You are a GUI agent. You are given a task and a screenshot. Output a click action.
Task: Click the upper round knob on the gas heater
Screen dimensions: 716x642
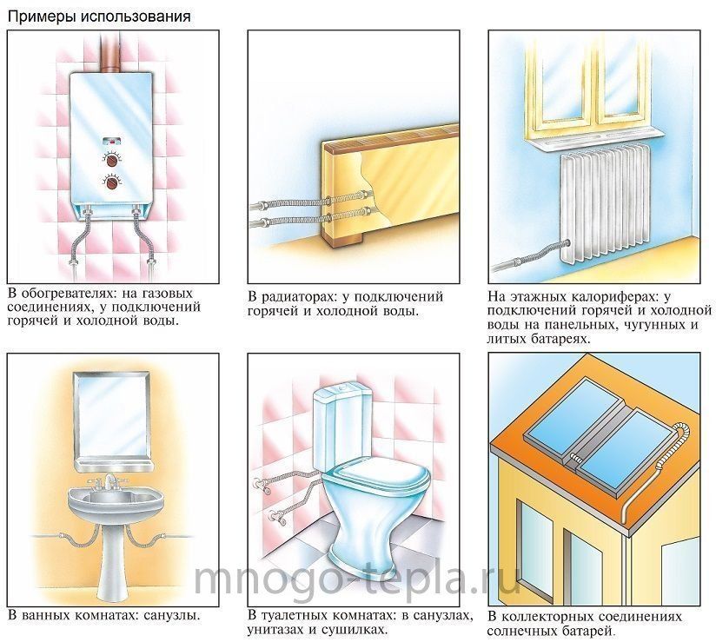tap(111, 160)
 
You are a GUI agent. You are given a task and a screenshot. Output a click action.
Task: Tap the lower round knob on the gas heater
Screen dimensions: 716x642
tap(111, 184)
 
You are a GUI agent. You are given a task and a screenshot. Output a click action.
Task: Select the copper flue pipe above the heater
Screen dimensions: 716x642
tap(110, 51)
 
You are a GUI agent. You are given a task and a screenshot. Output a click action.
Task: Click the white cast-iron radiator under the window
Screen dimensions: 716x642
tap(605, 204)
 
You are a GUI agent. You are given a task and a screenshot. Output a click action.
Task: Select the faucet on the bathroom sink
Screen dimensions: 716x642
tap(110, 482)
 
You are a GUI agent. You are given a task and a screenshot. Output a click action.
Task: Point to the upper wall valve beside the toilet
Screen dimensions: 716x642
tap(257, 483)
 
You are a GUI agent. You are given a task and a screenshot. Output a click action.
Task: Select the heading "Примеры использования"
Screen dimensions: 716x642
tap(99, 17)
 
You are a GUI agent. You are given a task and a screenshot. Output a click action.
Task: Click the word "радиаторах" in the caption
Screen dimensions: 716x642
tap(298, 297)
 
